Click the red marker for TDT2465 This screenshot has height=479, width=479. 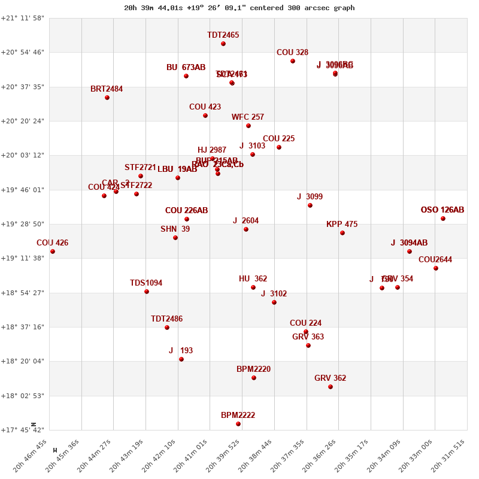point(223,44)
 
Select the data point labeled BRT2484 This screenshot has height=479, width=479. point(107,98)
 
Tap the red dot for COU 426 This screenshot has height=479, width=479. point(53,251)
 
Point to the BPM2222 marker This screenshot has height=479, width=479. point(238,424)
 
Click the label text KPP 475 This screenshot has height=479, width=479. point(342,225)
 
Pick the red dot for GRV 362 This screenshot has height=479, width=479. point(331,387)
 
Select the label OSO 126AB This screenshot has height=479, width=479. point(442,210)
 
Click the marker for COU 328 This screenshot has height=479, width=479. point(293,61)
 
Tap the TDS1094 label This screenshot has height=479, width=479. point(146,283)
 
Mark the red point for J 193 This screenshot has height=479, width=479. point(181,359)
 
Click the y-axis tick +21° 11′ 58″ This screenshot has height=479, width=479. point(23,18)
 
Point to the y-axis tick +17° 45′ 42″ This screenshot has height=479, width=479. point(23,430)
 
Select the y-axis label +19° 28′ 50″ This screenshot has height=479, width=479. point(23,224)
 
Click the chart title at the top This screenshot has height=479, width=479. point(239,8)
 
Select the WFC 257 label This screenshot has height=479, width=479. point(248,117)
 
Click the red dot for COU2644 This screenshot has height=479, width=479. point(436,268)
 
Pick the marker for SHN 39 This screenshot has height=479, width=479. point(175,238)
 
